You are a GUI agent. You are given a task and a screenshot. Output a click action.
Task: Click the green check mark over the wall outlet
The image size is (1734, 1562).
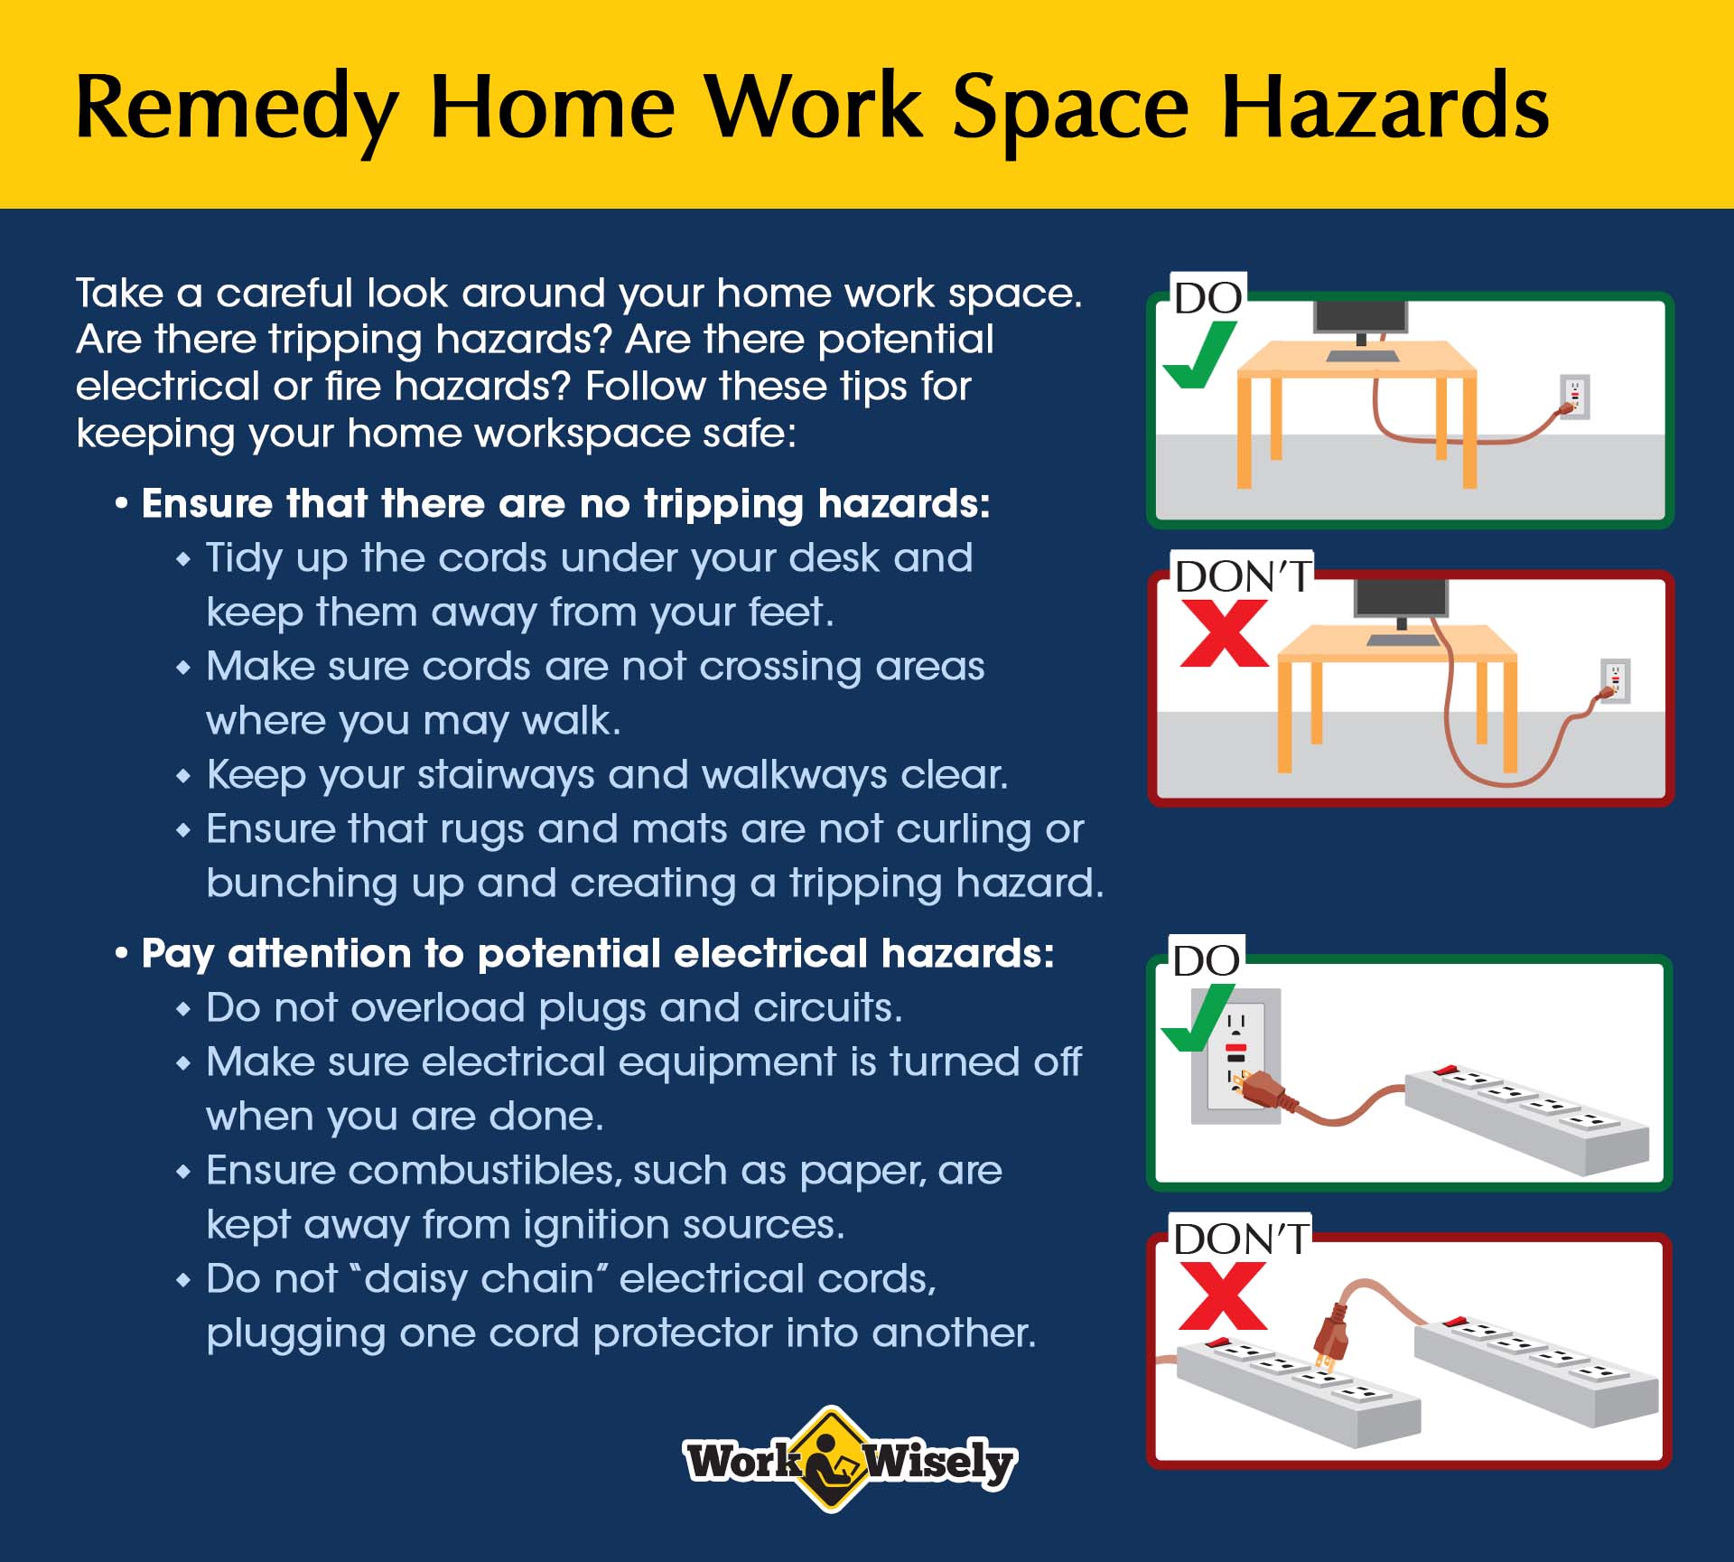(x=1196, y=1018)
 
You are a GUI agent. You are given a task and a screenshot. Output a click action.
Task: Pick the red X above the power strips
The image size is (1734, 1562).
(x=1223, y=1296)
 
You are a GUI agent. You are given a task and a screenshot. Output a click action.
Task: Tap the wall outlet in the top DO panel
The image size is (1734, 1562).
(x=1575, y=397)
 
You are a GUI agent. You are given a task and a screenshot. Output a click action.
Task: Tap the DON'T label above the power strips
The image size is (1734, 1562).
(x=1242, y=1239)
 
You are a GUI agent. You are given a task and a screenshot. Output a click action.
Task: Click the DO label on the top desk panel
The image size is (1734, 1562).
(x=1208, y=298)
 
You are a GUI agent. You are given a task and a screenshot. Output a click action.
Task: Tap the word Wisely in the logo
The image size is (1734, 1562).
(x=940, y=1462)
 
